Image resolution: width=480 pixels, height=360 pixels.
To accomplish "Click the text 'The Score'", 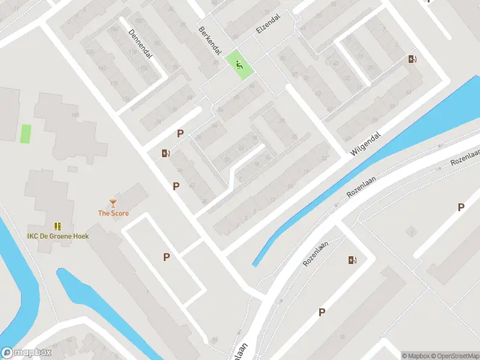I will pyautogui.click(x=113, y=213).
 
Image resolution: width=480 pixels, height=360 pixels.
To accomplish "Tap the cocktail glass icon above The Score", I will pyautogui.click(x=113, y=203).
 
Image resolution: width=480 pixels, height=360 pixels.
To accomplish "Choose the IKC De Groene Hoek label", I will pyautogui.click(x=58, y=236).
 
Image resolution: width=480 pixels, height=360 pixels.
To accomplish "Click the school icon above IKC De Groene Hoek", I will pyautogui.click(x=58, y=226).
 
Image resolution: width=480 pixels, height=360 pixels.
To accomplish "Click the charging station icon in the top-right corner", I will pyautogui.click(x=412, y=59).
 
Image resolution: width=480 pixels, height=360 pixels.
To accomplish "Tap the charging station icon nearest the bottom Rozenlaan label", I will pyautogui.click(x=352, y=260).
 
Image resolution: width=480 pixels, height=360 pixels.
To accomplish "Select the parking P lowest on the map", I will pyautogui.click(x=322, y=312).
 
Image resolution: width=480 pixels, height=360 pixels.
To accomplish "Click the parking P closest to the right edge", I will pyautogui.click(x=461, y=207).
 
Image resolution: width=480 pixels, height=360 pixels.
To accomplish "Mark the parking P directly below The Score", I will pyautogui.click(x=166, y=257).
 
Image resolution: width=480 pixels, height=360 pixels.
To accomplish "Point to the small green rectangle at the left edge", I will pyautogui.click(x=26, y=133).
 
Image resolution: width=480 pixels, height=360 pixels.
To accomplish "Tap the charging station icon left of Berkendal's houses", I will pyautogui.click(x=166, y=153).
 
